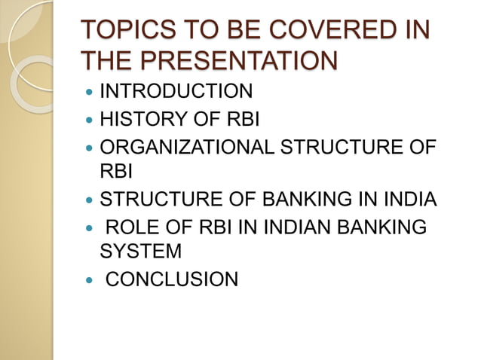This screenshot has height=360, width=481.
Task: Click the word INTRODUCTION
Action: [176, 92]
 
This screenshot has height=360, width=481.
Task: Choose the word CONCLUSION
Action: [171, 280]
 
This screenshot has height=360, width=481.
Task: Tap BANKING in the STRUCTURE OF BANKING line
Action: [304, 200]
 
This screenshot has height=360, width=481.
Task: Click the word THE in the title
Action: [103, 60]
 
